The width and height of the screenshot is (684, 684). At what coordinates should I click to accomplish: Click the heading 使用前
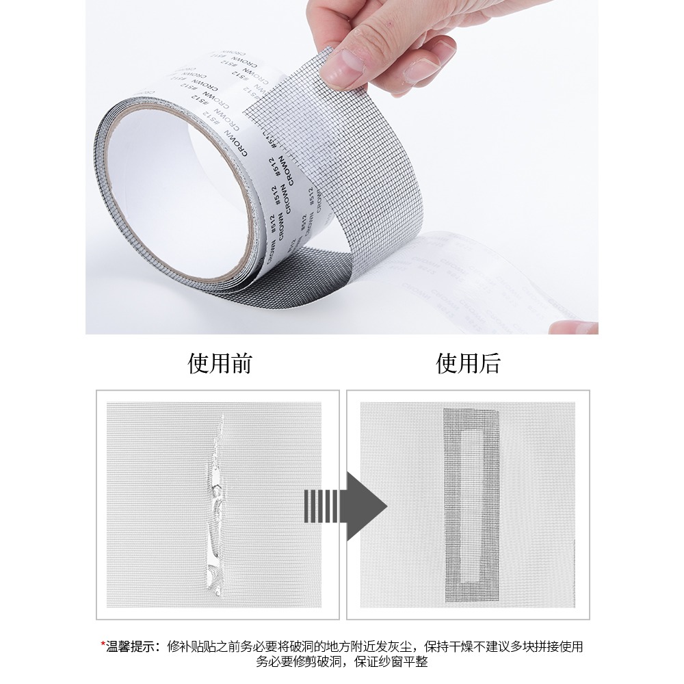click(x=220, y=363)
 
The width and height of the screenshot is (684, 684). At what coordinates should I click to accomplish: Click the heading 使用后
click(x=469, y=363)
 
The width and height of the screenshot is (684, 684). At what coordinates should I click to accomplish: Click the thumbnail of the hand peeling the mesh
click(x=342, y=167)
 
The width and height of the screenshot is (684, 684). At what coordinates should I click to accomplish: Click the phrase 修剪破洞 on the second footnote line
click(x=322, y=662)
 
